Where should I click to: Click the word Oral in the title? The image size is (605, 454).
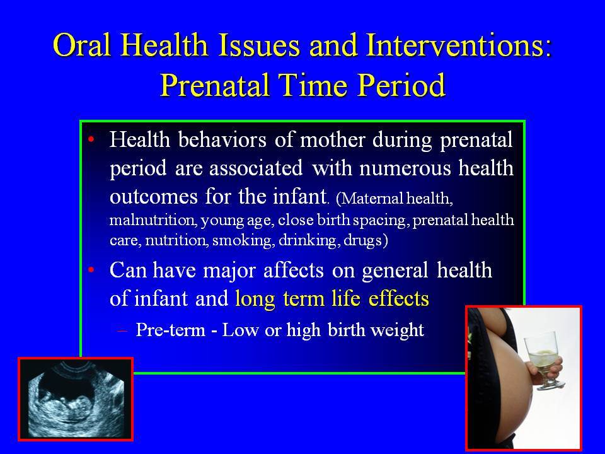pyautogui.click(x=83, y=45)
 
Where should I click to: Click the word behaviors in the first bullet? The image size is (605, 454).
pyautogui.click(x=222, y=139)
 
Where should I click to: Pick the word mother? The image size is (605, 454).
pyautogui.click(x=333, y=139)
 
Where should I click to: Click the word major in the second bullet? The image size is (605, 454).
pyautogui.click(x=229, y=270)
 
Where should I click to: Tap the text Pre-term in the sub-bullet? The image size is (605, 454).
pyautogui.click(x=170, y=330)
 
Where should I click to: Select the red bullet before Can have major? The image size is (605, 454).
pyautogui.click(x=91, y=269)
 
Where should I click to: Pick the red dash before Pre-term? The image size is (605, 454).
pyautogui.click(x=122, y=331)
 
